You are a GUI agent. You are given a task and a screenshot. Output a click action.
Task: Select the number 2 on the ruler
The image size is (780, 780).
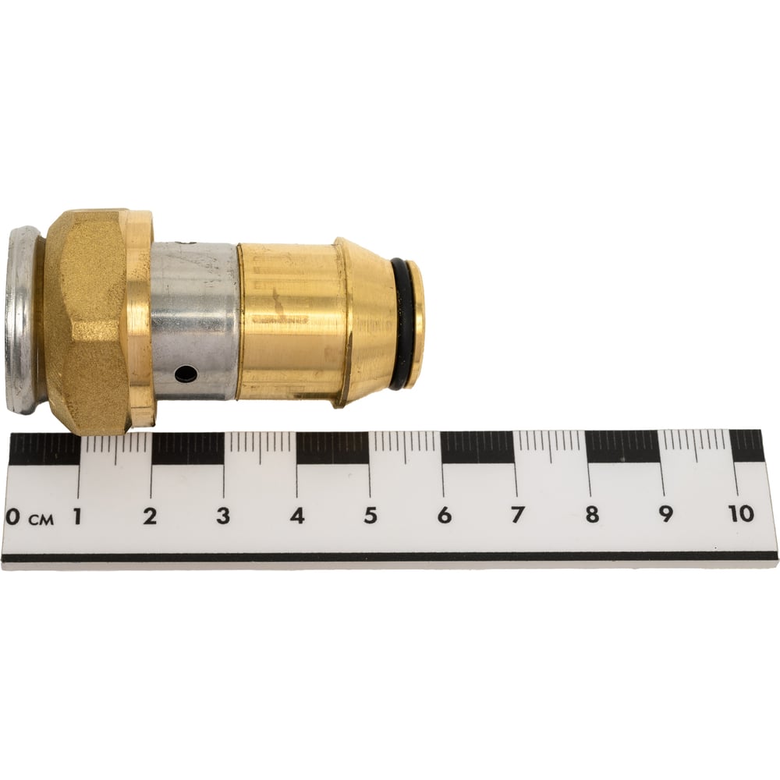[x=150, y=516]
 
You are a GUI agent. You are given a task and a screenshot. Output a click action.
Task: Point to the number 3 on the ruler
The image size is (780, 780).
[x=223, y=516]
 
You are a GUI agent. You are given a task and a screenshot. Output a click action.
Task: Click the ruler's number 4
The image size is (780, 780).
[x=297, y=516]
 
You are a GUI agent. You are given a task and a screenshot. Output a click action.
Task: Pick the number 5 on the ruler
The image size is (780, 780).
[x=370, y=515]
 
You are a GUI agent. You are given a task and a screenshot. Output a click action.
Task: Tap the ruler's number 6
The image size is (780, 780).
[x=445, y=514]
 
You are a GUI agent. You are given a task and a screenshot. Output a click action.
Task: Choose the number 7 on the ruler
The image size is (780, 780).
[x=517, y=514]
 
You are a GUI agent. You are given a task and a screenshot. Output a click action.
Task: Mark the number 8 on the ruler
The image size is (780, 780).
[x=592, y=513]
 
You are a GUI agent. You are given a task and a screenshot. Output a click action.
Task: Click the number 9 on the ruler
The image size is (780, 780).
[x=665, y=513]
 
